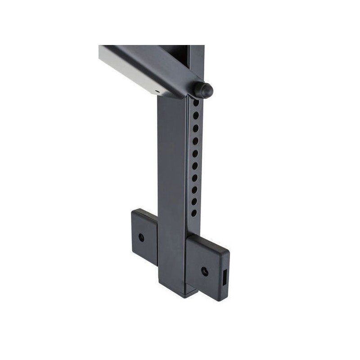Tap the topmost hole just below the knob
pos(196,103)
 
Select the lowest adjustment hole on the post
pos(194,213)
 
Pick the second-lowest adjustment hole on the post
pos(194,202)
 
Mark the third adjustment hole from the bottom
pos(194,190)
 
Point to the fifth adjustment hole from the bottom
pos(195,166)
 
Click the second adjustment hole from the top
pos(196,116)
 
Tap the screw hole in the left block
pos(141,237)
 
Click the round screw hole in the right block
pos(204,271)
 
